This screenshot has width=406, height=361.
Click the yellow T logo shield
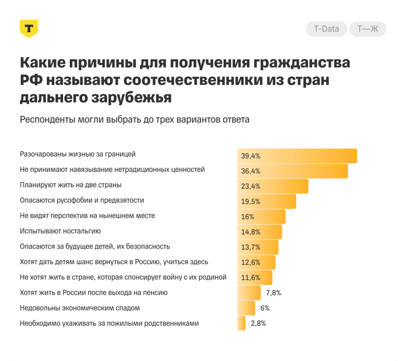click(29, 29)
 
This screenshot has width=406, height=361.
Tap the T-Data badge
click(326, 29)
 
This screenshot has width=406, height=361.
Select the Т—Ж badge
click(367, 29)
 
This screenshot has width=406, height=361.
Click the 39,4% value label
click(251, 156)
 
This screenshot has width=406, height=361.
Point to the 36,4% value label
click(251, 171)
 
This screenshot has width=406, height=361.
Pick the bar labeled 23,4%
click(273, 186)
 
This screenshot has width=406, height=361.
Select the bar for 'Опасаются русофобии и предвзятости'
click(266, 201)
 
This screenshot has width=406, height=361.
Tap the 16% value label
click(248, 217)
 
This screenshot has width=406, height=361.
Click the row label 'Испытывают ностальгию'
click(60, 231)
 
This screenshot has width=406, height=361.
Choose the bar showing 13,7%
click(258, 247)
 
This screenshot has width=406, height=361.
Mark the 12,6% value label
click(251, 262)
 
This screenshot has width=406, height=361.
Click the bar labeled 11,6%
click(255, 277)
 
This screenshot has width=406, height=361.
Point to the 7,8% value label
click(273, 293)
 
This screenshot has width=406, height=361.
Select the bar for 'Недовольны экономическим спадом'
click(246, 308)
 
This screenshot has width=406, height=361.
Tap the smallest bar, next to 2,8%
click(241, 323)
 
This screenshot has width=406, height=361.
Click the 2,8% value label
click(258, 323)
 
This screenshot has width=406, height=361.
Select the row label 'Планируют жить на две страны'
click(70, 185)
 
